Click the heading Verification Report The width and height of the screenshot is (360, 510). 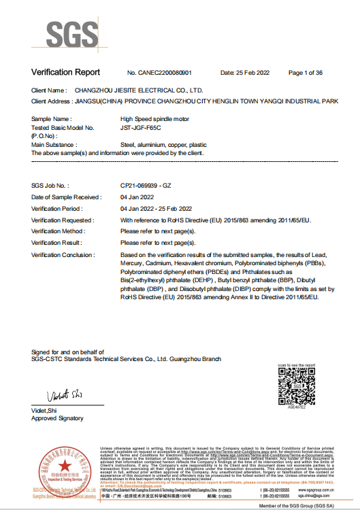[65, 72]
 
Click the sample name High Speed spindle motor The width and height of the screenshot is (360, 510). [152, 119]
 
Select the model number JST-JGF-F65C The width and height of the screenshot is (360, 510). [140, 128]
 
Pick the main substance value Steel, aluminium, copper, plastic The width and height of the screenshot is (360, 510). [163, 145]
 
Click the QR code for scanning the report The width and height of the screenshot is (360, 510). [297, 388]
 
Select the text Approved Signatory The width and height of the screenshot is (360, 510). [57, 418]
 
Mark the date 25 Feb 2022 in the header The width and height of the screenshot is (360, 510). [243, 73]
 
